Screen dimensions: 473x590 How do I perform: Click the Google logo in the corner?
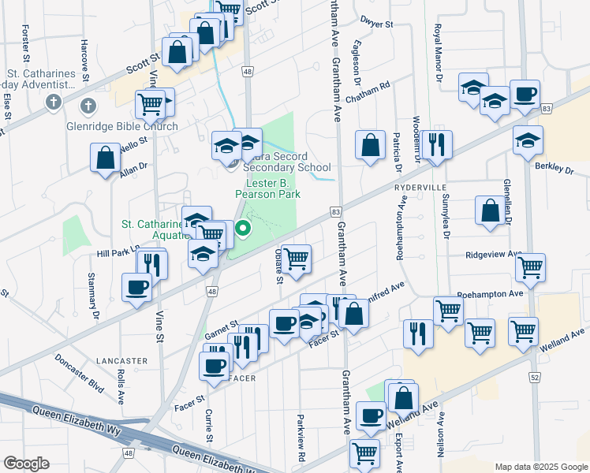[26, 464]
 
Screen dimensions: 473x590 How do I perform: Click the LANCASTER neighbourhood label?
[122, 360]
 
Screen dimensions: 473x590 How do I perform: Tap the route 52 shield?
[535, 378]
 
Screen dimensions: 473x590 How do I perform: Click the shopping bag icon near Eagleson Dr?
[369, 145]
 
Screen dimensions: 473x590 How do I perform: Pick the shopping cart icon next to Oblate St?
[296, 258]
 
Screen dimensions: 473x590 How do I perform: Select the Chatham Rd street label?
[374, 86]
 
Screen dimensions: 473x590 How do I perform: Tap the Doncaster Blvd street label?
[80, 372]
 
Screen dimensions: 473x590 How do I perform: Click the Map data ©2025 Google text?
[541, 466]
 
